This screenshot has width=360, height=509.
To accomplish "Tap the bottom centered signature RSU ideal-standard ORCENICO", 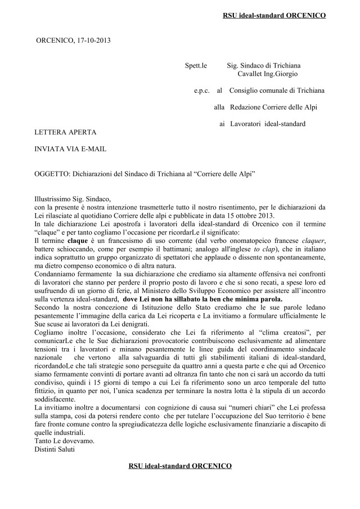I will [x=179, y=466].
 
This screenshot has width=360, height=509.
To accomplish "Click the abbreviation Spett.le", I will [x=196, y=66].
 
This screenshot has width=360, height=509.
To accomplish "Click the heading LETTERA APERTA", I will [x=65, y=132].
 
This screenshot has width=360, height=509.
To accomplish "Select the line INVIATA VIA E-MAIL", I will [x=70, y=149].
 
